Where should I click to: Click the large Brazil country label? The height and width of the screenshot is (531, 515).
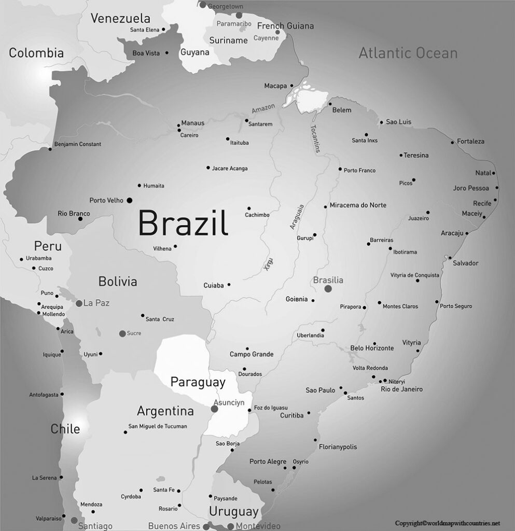click(x=183, y=223)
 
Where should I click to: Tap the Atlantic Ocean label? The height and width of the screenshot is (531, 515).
click(x=408, y=53)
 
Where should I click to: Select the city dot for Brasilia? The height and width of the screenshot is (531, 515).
click(x=328, y=289)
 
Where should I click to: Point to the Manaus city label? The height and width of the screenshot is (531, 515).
click(x=193, y=123)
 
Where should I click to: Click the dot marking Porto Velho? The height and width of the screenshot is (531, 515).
click(x=130, y=200)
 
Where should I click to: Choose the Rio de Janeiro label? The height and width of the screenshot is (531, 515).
click(x=401, y=389)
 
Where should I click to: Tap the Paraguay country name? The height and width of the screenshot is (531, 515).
click(x=198, y=383)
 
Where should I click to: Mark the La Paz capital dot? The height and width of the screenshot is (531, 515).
click(x=79, y=303)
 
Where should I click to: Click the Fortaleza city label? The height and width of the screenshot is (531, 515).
click(x=470, y=141)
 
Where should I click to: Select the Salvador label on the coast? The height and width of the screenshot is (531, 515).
click(x=465, y=263)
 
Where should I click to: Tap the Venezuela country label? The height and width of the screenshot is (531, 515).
click(x=121, y=19)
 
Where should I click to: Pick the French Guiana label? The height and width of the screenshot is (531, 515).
click(x=285, y=26)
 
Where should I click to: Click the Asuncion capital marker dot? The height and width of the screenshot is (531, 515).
click(x=214, y=409)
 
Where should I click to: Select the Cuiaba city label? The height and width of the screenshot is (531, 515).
click(x=214, y=285)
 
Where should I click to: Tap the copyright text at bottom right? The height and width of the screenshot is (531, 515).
click(x=447, y=523)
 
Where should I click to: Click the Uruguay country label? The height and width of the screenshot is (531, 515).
click(x=233, y=511)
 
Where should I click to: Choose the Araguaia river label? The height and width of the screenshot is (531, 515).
click(x=297, y=217)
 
